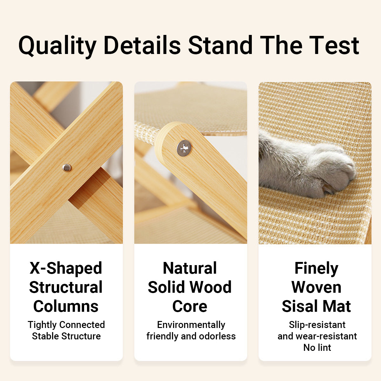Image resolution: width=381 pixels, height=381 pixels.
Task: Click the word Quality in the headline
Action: click(x=57, y=46)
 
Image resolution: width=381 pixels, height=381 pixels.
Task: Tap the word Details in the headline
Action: click(x=142, y=45)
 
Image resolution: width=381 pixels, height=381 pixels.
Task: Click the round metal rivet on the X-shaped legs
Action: click(x=67, y=168)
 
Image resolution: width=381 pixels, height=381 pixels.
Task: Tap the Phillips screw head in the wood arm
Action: click(x=184, y=148)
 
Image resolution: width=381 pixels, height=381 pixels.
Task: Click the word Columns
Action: click(x=66, y=306)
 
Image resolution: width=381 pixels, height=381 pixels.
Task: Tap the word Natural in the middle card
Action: click(x=190, y=268)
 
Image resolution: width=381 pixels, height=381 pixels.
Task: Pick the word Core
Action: click(x=190, y=306)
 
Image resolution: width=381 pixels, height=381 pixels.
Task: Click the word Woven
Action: click(x=316, y=287)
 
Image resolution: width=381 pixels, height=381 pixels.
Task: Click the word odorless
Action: click(x=217, y=336)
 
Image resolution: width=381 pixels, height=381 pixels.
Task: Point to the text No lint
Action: click(x=317, y=348)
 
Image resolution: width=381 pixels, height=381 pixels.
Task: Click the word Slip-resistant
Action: click(x=317, y=325)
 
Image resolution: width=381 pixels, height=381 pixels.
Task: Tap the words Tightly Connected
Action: click(x=66, y=325)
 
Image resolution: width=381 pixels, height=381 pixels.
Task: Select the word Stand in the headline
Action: click(x=220, y=45)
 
